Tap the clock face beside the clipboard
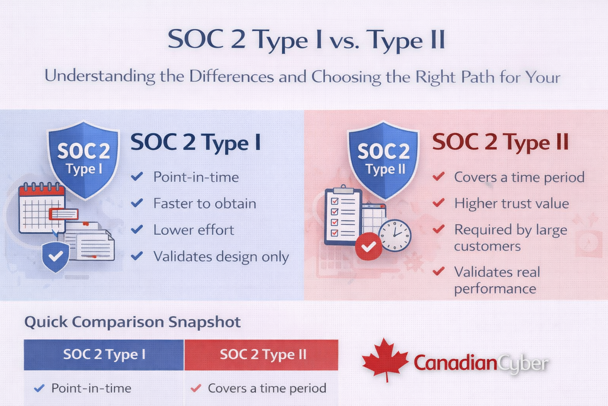point(395,235)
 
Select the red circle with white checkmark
point(369,246)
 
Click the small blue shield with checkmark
point(56,257)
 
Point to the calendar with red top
point(42,208)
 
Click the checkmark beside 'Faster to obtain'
point(137,203)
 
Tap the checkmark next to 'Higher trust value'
point(439,203)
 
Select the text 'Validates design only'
point(221,257)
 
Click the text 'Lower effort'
point(194,230)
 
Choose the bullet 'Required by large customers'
point(511,238)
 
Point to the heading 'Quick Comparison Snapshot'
point(133,322)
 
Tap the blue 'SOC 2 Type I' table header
point(104,354)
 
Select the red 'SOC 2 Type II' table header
point(261,354)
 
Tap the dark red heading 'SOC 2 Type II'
point(500,142)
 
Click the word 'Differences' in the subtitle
point(232,76)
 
